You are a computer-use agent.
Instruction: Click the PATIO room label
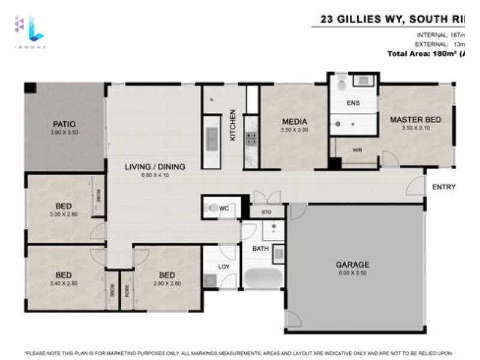click(64, 124)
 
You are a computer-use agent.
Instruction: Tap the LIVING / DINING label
click(155, 167)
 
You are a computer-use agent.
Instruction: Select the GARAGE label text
click(353, 264)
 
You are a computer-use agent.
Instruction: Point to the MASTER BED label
click(415, 119)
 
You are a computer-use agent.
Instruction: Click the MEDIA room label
click(294, 121)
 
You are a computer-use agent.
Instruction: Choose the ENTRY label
click(444, 187)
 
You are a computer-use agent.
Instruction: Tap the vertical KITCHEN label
click(233, 125)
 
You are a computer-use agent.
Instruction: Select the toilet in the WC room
click(211, 209)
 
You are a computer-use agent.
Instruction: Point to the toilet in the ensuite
click(341, 85)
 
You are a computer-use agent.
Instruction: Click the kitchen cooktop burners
click(251, 139)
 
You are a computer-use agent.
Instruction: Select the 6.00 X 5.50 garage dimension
click(353, 273)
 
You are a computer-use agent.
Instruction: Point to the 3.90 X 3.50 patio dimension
click(64, 132)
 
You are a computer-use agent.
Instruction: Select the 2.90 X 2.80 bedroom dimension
click(167, 283)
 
